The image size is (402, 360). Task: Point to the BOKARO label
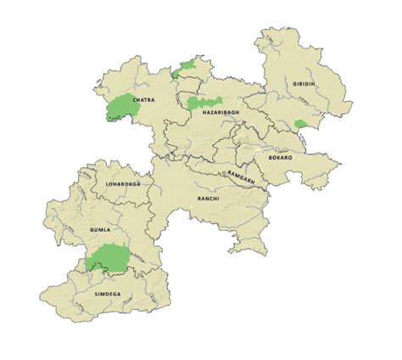click(278, 158)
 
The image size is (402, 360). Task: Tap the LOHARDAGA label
click(123, 183)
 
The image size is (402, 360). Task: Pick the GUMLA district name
click(101, 230)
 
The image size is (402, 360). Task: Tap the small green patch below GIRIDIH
click(299, 125)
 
